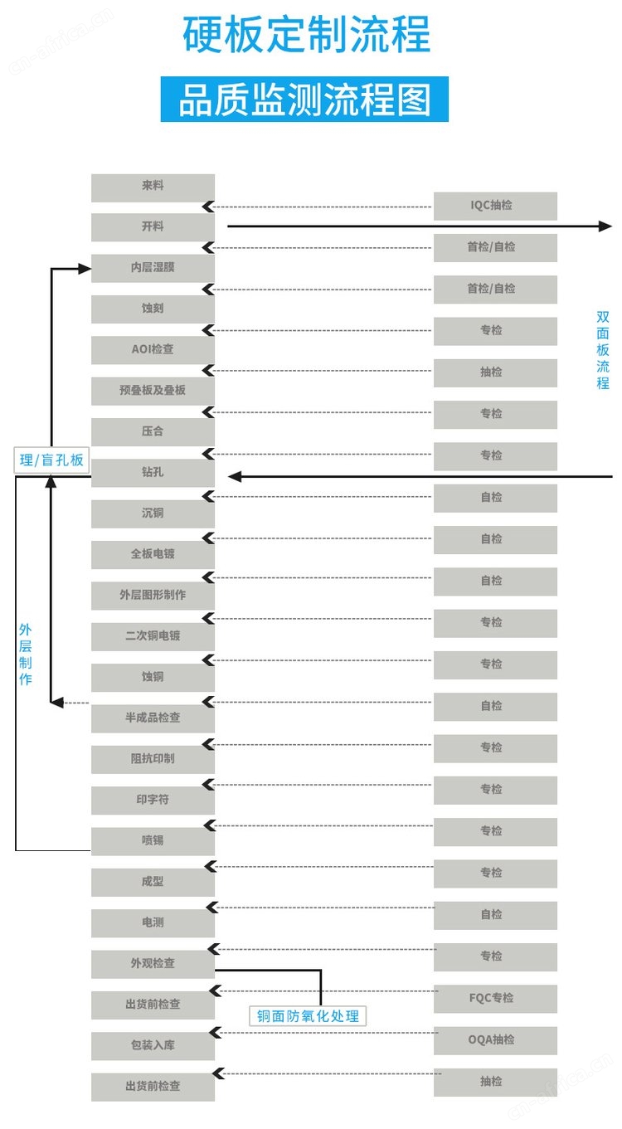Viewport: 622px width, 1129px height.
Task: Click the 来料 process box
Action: click(153, 187)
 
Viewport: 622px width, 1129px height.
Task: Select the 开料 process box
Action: click(153, 226)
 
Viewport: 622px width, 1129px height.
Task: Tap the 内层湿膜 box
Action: click(153, 268)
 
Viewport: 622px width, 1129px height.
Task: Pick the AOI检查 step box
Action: click(153, 350)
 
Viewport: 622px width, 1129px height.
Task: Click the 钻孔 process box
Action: click(153, 473)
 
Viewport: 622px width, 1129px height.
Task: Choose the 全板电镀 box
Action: click(153, 554)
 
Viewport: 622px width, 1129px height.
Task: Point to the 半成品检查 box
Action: click(153, 718)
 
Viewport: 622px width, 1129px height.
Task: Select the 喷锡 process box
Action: click(153, 841)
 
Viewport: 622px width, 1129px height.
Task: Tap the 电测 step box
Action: click(153, 922)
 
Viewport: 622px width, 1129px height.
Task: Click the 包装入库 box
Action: click(153, 1046)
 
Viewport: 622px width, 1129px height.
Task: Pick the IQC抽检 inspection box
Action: click(495, 206)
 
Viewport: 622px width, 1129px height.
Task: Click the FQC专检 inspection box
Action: click(495, 999)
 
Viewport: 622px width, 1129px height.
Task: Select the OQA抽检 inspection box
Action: click(495, 1040)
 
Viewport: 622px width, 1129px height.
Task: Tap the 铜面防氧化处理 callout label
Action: click(308, 1015)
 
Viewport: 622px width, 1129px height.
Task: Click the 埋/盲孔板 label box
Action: click(51, 460)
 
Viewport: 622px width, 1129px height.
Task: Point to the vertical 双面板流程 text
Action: click(603, 350)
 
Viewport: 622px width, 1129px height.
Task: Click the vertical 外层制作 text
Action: click(25, 655)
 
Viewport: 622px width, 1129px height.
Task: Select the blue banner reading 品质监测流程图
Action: click(304, 100)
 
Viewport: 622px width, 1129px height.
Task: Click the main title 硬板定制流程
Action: click(306, 34)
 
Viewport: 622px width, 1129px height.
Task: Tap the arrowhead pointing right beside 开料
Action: click(605, 226)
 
